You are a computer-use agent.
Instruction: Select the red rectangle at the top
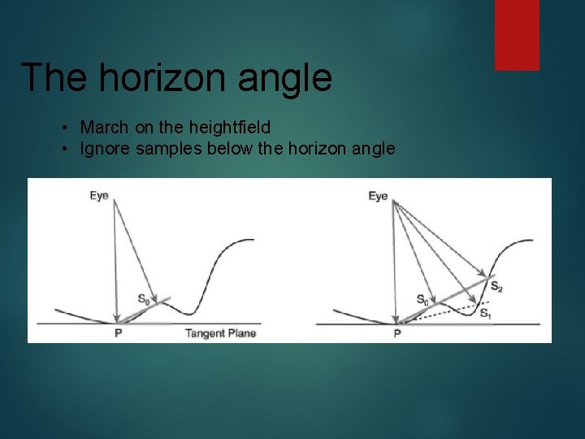(518, 34)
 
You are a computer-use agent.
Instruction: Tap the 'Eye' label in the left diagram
(99, 196)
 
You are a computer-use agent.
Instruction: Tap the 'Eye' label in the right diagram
(378, 196)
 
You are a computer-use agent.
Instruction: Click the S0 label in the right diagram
(423, 299)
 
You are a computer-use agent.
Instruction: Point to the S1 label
(484, 314)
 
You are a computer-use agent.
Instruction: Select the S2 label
(496, 286)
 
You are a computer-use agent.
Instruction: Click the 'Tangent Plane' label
(220, 333)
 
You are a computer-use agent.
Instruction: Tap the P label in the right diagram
(396, 333)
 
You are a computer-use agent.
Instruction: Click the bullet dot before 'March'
(63, 128)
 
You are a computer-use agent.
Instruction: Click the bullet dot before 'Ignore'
(63, 150)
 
